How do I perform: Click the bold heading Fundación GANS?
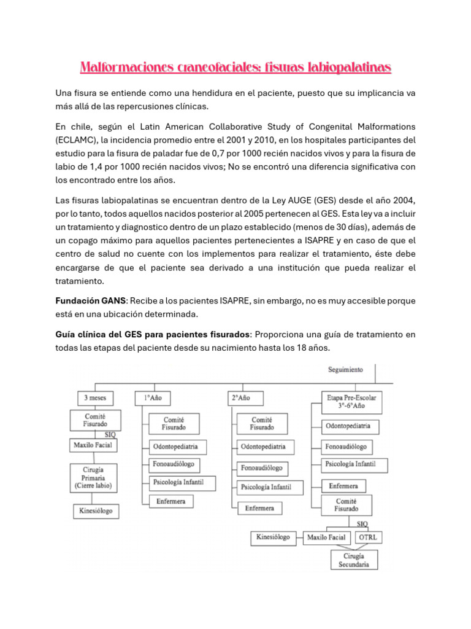click(x=90, y=301)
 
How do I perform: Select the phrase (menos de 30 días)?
click(x=330, y=227)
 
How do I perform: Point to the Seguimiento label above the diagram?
click(x=345, y=370)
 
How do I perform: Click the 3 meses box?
click(x=95, y=398)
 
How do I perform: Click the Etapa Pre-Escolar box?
click(x=352, y=402)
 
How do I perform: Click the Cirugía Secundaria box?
click(x=353, y=560)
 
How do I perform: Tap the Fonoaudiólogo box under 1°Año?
click(x=175, y=464)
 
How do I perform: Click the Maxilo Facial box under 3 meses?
click(x=93, y=444)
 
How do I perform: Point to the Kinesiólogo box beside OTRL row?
click(x=274, y=537)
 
